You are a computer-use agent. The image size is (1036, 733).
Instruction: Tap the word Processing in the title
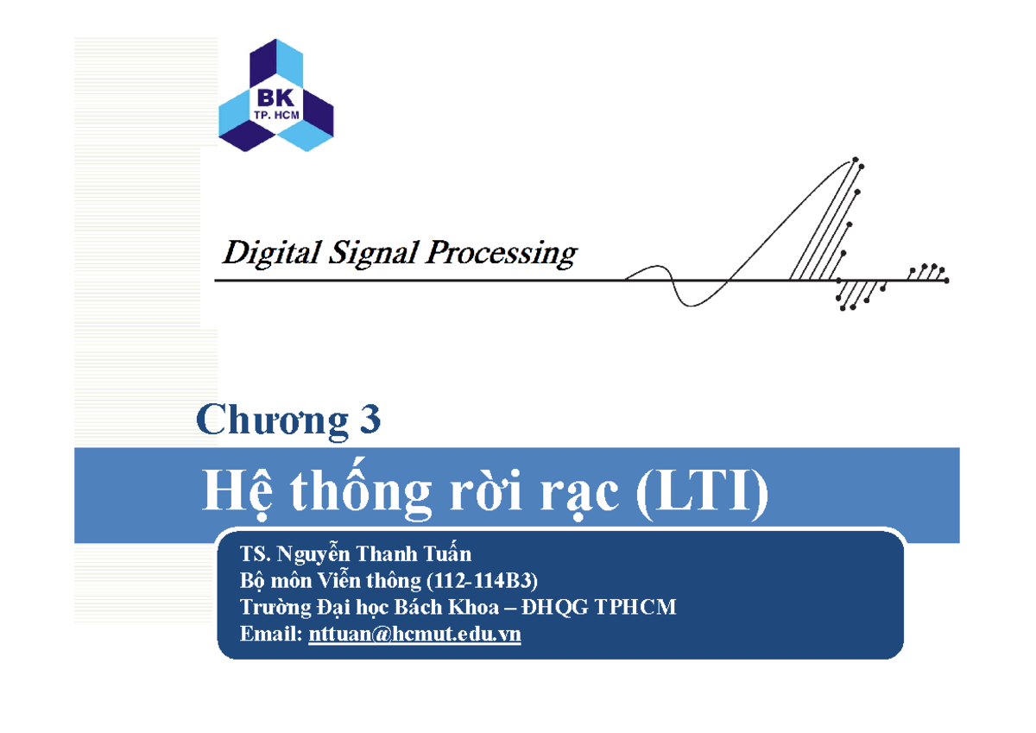coord(501,254)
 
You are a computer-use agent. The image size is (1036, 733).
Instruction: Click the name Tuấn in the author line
coord(449,553)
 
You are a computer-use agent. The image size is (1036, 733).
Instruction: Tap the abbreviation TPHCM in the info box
coord(634,608)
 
